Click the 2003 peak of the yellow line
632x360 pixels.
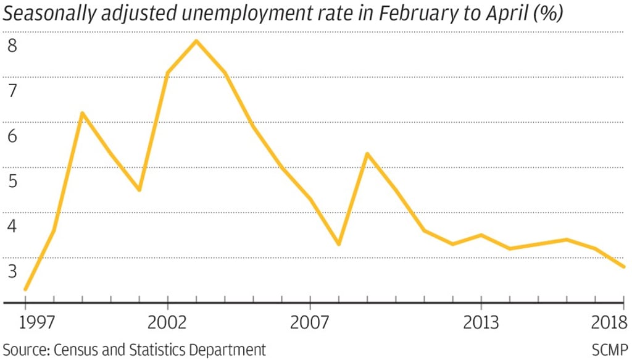tap(196, 41)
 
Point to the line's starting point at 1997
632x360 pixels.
tap(25, 289)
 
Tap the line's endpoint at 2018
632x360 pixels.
tap(623, 267)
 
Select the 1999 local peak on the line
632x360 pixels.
tap(82, 113)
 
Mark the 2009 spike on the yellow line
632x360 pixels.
tap(367, 154)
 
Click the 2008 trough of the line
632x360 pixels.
tap(339, 244)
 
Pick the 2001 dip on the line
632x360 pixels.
tap(139, 190)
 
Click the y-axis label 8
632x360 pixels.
tap(12, 46)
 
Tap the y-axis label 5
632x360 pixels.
tap(12, 182)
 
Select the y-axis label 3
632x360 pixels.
tap(12, 272)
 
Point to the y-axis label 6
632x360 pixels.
tap(12, 136)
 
